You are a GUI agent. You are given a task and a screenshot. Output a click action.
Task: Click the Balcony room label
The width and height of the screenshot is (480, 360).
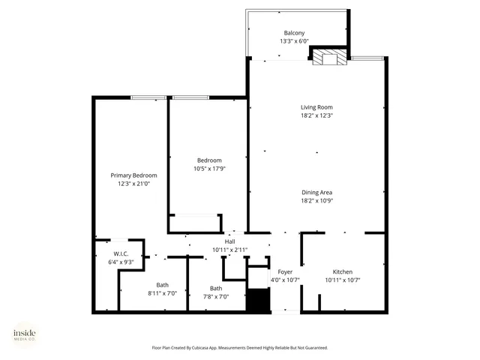tap(294, 32)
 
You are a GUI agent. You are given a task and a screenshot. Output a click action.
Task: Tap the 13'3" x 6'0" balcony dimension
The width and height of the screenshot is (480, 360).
tap(294, 40)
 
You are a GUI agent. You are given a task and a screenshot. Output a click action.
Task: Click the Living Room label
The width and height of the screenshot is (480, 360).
tap(316, 107)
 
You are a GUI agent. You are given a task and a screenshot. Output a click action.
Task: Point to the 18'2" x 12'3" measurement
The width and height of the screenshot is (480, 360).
tap(316, 115)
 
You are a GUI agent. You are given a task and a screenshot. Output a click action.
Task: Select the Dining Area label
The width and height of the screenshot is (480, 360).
tap(316, 192)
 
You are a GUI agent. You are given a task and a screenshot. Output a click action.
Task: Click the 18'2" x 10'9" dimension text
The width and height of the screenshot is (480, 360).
tap(316, 200)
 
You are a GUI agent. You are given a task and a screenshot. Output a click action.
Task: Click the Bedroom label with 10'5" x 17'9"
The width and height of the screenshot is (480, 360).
tap(209, 160)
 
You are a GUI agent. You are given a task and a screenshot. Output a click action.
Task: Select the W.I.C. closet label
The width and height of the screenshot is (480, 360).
tap(121, 254)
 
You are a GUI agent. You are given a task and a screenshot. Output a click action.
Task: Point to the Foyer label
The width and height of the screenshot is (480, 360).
tap(285, 271)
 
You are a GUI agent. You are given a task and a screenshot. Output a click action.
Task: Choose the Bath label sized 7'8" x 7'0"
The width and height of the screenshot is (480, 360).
tap(216, 289)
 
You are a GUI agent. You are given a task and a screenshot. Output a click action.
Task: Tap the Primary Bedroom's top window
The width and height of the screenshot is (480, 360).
tap(148, 97)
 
